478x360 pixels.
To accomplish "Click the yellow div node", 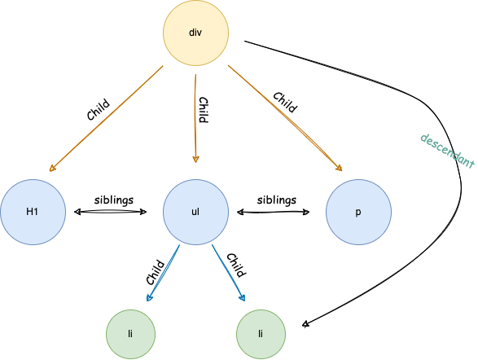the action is [195, 33].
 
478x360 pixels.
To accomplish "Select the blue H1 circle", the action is [33, 212].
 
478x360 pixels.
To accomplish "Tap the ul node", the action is [195, 212].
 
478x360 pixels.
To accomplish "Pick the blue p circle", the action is [358, 212].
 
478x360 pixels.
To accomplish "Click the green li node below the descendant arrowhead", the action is [261, 334].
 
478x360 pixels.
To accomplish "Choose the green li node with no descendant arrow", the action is [130, 334].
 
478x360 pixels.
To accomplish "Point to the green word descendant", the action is [448, 151].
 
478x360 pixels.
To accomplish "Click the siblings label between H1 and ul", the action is [114, 200].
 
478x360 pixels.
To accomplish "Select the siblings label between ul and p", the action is [277, 200].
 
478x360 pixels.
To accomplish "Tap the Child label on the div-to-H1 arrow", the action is [98, 109].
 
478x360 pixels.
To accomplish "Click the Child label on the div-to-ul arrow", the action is [204, 110].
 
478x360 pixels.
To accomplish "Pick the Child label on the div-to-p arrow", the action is [285, 103].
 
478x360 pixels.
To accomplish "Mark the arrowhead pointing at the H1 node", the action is [52, 169].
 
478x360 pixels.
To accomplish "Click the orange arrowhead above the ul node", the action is [195, 160].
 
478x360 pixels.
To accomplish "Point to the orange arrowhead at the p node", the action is [339, 168].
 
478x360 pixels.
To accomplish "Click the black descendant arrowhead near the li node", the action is [305, 324].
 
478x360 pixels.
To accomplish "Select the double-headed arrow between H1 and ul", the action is [111, 212].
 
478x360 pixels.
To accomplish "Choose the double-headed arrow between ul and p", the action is [273, 212].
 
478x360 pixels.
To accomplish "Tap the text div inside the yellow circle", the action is [195, 33].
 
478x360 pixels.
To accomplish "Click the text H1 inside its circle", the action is [32, 212].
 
